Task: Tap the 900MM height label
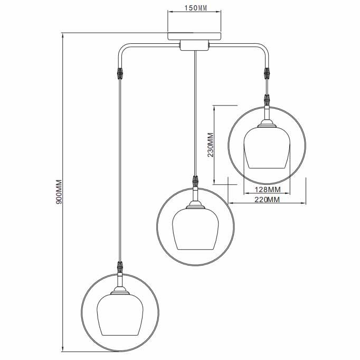tap(59, 192)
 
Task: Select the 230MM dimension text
tap(210, 145)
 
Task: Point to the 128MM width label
tap(267, 190)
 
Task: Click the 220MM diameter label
tap(267, 200)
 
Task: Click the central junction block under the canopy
tap(194, 46)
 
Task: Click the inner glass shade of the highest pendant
tap(267, 148)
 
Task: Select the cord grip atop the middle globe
tap(196, 181)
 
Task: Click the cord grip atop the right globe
tap(267, 99)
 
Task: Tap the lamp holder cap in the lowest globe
tap(120, 291)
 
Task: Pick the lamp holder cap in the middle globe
tap(196, 205)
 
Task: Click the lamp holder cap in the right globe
tap(267, 124)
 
